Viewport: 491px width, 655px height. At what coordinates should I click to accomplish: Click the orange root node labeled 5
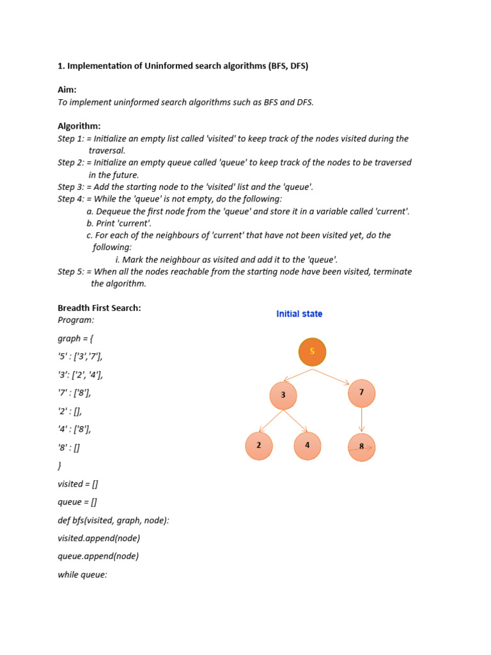(312, 352)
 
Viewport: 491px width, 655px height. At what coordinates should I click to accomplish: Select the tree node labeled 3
(283, 395)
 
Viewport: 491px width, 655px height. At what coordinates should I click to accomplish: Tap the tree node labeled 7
(361, 393)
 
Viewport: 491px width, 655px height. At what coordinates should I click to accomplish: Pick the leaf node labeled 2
(259, 446)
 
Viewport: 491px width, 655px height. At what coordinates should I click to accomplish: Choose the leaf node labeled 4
(308, 446)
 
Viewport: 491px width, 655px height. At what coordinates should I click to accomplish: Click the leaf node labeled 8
(361, 447)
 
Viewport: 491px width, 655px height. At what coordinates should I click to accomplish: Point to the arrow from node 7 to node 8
(362, 420)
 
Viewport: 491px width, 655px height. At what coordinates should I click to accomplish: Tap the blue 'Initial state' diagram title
(299, 314)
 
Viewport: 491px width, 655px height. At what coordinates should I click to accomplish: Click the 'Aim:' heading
(67, 90)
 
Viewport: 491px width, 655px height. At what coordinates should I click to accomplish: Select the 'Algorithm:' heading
(79, 126)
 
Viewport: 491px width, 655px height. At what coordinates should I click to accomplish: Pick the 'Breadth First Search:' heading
(99, 308)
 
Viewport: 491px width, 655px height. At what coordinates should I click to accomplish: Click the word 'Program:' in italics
(75, 320)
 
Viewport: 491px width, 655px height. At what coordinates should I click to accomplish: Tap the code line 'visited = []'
(77, 484)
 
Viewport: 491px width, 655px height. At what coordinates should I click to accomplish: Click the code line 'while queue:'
(82, 574)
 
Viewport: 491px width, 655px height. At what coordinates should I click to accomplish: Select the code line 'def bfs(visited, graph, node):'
(113, 520)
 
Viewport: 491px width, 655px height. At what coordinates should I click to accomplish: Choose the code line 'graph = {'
(75, 338)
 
